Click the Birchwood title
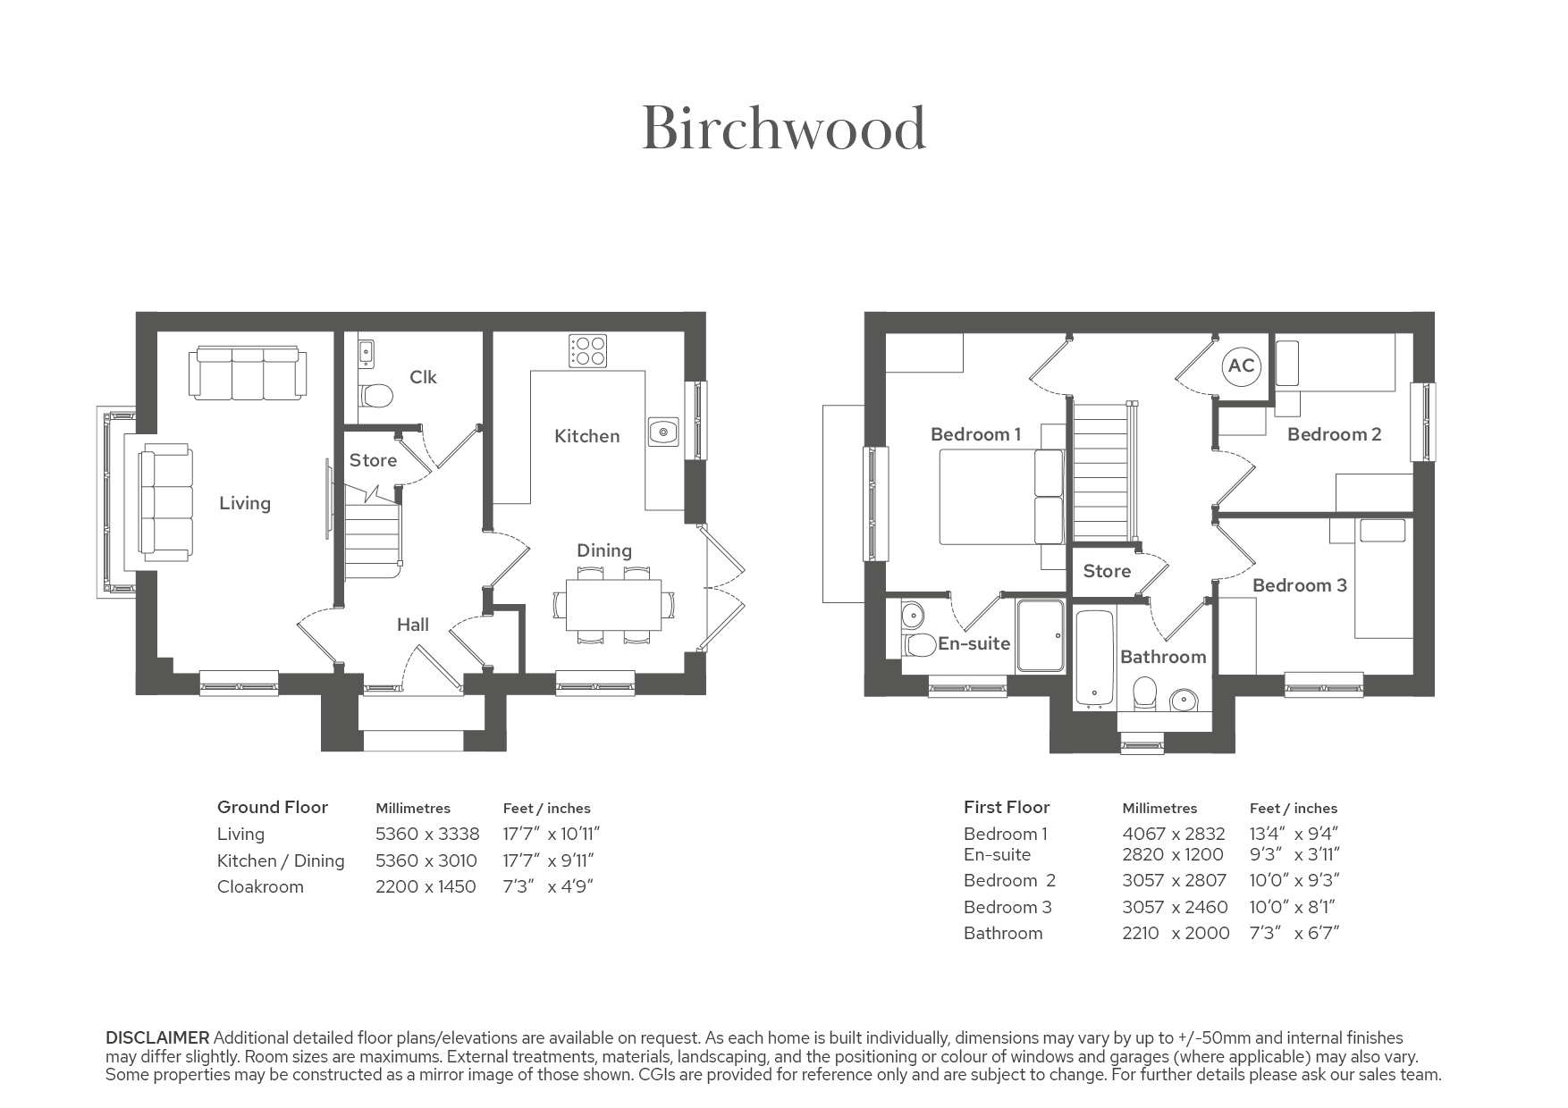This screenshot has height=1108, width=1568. click(x=784, y=129)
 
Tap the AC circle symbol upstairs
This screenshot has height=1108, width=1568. click(x=1241, y=365)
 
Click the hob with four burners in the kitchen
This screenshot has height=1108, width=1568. click(x=587, y=349)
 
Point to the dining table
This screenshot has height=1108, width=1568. click(x=613, y=605)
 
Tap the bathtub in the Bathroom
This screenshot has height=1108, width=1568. click(x=1093, y=658)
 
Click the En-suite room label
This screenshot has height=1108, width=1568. click(x=974, y=643)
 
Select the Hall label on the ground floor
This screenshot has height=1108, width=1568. click(x=413, y=625)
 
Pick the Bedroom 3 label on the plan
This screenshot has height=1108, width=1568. click(x=1299, y=585)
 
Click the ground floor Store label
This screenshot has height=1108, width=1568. click(x=373, y=460)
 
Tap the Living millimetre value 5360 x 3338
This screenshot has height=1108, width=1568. click(x=427, y=834)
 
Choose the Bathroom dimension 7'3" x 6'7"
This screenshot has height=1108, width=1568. click(x=1294, y=933)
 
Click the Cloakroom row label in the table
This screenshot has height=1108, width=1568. click(x=260, y=886)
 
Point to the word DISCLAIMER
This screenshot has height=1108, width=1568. click(x=157, y=1037)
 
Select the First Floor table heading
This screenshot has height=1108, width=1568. click(x=1007, y=807)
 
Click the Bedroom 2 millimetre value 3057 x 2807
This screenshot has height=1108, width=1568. click(x=1174, y=880)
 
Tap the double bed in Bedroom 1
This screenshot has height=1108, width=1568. click(x=1001, y=497)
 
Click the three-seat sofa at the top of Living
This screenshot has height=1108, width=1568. click(x=248, y=374)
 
